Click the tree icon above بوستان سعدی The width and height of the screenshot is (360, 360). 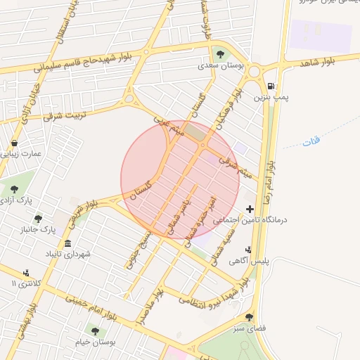click(x=220, y=54)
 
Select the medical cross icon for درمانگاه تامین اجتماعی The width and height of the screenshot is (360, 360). click(x=250, y=209)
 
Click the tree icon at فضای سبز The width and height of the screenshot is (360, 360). click(x=250, y=318)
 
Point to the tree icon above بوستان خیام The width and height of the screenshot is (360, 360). click(x=95, y=330)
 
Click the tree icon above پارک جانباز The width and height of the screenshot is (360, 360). click(x=38, y=219)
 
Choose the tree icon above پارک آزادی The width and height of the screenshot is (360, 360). click(x=14, y=188)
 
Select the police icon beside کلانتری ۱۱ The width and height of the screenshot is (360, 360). click(x=26, y=273)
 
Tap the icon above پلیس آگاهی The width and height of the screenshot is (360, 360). click(x=248, y=250)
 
